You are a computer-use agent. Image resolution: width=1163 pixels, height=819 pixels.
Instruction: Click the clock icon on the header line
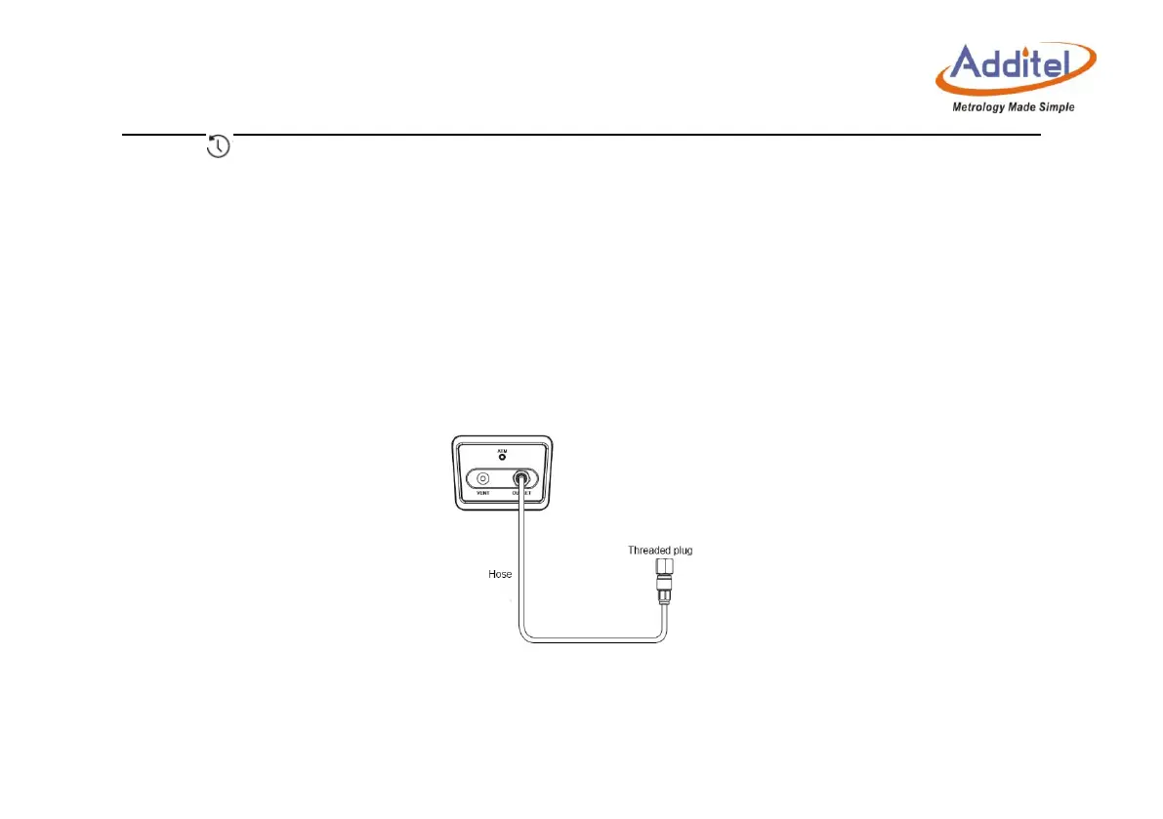pyautogui.click(x=220, y=146)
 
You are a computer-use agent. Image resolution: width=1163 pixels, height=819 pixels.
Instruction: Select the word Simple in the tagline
pyautogui.click(x=1056, y=107)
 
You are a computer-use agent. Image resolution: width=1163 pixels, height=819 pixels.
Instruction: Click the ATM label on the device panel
pyautogui.click(x=503, y=449)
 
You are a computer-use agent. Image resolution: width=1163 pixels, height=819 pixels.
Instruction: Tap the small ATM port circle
pyautogui.click(x=503, y=457)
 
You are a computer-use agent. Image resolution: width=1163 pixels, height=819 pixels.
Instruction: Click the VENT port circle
pyautogui.click(x=481, y=479)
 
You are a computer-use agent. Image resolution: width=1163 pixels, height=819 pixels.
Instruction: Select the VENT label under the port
pyautogui.click(x=481, y=495)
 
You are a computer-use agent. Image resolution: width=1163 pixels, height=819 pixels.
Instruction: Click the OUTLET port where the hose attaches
pyautogui.click(x=523, y=479)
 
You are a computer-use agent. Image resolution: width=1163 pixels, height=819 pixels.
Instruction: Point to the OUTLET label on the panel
pyautogui.click(x=523, y=495)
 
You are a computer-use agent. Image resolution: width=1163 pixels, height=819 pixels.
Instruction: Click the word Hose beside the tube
pyautogui.click(x=500, y=574)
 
